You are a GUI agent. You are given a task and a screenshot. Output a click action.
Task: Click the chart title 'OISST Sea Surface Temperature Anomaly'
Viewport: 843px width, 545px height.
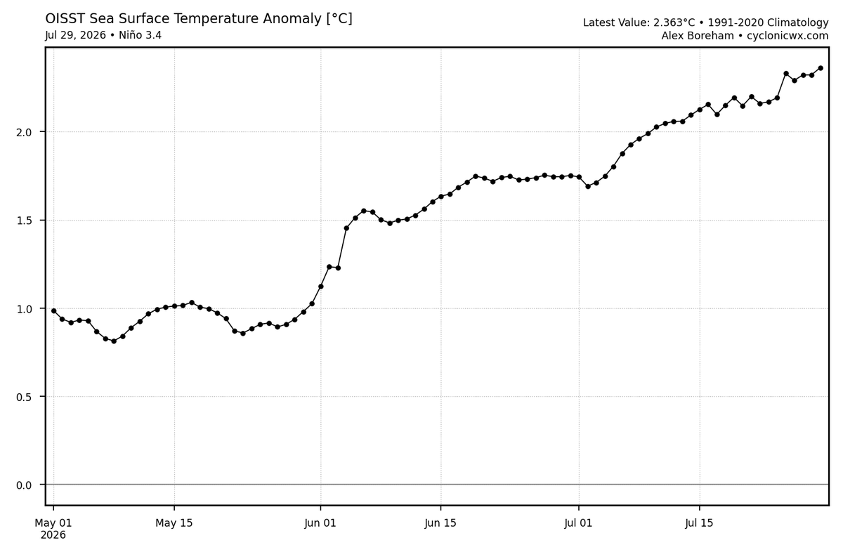[x=184, y=18]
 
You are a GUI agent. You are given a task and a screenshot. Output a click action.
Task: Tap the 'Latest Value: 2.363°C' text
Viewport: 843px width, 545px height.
[x=639, y=22]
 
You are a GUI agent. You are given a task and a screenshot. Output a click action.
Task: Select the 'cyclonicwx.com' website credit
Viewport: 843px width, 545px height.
[x=788, y=36]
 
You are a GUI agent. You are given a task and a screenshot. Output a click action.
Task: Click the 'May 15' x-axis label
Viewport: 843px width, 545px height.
[x=174, y=523]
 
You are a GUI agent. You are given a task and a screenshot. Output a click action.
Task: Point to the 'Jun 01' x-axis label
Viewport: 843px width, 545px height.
[x=320, y=523]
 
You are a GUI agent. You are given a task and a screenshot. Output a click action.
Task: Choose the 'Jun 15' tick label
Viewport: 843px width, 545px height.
[x=440, y=523]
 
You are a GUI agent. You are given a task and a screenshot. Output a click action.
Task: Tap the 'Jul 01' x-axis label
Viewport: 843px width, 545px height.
[x=578, y=523]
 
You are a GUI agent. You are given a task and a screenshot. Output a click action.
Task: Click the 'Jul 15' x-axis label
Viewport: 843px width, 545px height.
[x=699, y=523]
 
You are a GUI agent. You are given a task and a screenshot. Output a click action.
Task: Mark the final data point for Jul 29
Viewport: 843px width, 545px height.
[x=821, y=68]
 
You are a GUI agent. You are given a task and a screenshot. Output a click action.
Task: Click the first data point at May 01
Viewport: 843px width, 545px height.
[x=54, y=310]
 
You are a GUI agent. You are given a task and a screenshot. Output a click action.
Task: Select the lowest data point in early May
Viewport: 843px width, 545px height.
[x=114, y=341]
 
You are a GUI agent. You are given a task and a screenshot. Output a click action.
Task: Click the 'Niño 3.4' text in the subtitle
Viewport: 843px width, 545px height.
[x=140, y=35]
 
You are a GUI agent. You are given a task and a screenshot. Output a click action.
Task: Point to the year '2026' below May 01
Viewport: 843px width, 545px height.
[x=53, y=535]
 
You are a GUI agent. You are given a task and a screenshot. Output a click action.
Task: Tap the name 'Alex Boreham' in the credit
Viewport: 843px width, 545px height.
[x=698, y=36]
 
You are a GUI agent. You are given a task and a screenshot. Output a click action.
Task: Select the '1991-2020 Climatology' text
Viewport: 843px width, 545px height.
[x=768, y=22]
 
